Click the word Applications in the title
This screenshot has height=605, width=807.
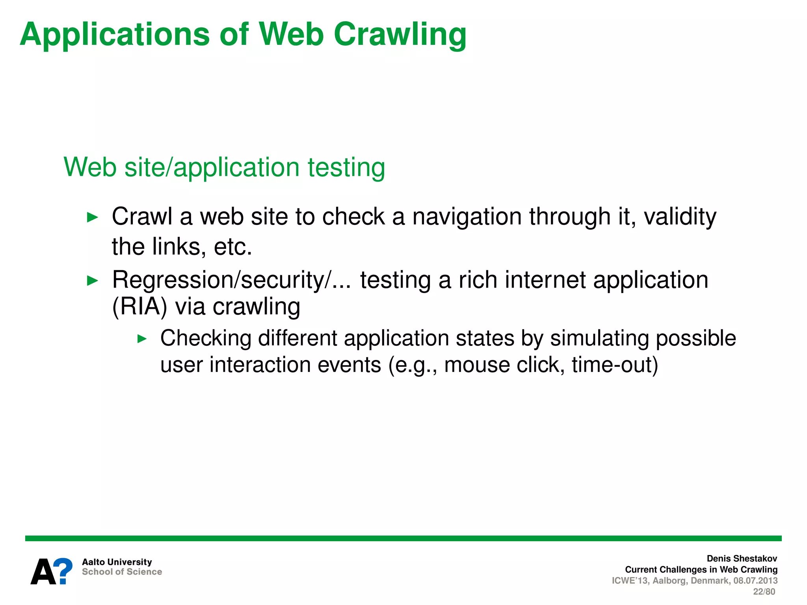click(115, 35)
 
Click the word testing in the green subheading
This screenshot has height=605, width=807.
click(346, 167)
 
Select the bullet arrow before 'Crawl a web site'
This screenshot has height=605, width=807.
click(92, 217)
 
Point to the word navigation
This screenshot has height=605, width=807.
click(467, 217)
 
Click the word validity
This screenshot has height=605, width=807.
click(680, 217)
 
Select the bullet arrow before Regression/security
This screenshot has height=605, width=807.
click(92, 281)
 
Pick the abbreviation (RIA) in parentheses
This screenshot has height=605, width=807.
click(139, 307)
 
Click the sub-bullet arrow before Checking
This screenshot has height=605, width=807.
click(142, 339)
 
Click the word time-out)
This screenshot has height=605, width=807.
click(615, 365)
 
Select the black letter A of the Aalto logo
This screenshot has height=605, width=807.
click(43, 572)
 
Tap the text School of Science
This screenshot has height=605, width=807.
click(122, 572)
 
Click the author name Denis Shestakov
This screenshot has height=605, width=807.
click(742, 559)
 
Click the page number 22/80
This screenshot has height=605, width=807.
click(764, 592)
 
